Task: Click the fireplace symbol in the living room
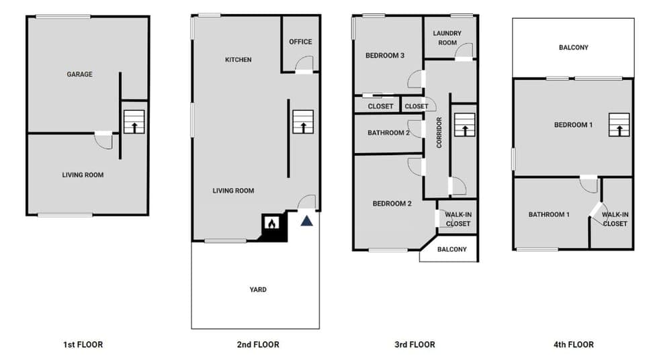[271, 224]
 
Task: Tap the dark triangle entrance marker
[307, 220]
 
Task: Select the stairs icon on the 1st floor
[134, 123]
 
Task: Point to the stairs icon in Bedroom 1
[619, 125]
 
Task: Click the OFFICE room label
[300, 42]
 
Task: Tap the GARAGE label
[79, 75]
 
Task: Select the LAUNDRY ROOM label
[446, 38]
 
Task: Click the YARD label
[258, 290]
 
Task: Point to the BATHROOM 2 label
[388, 133]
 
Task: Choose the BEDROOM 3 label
[384, 56]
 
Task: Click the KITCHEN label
[238, 60]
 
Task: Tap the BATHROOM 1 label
[549, 215]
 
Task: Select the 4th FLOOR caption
[573, 345]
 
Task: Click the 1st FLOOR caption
[83, 345]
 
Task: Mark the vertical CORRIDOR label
[439, 132]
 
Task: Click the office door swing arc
[304, 64]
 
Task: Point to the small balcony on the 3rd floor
[451, 249]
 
